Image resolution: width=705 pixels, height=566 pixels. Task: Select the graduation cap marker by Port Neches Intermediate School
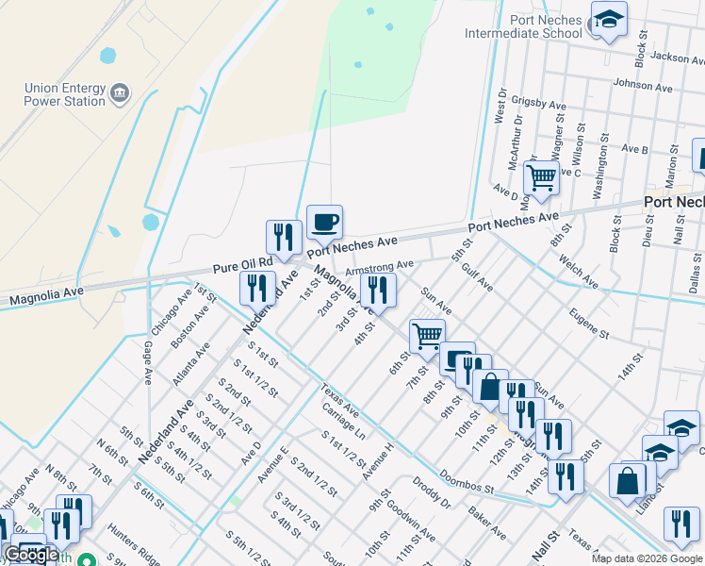[x=609, y=20]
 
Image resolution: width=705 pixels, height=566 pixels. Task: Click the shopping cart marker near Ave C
[x=541, y=176]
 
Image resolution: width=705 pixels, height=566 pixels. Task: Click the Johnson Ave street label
[x=643, y=86]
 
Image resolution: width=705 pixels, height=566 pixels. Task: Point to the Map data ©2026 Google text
[x=646, y=558]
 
